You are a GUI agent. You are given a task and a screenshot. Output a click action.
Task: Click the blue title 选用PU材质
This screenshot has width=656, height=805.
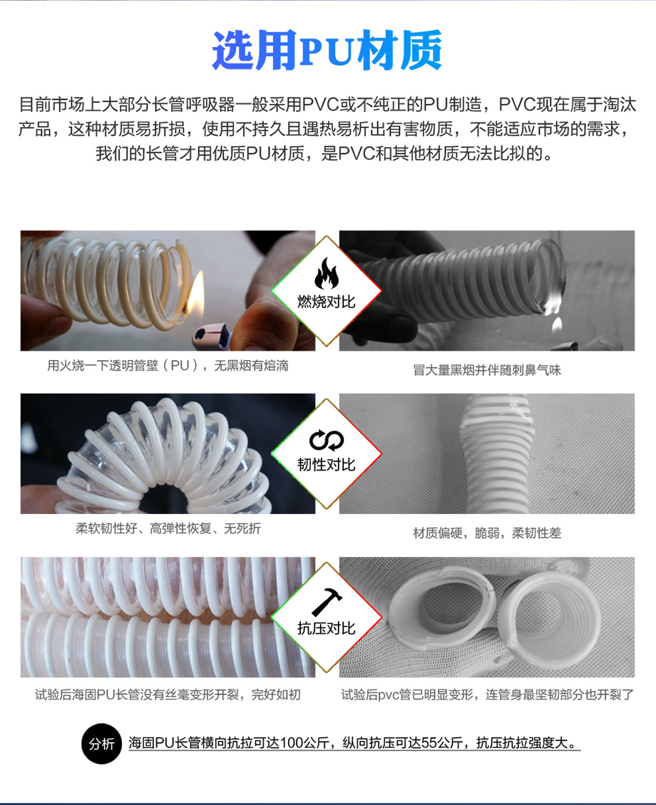point(327,51)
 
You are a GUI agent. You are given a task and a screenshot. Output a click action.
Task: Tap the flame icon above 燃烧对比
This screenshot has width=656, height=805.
point(327,274)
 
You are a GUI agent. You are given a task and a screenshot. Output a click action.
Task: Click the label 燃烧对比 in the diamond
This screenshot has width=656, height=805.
point(327,302)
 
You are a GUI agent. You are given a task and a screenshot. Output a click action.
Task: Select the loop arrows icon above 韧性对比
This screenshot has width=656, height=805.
point(327,440)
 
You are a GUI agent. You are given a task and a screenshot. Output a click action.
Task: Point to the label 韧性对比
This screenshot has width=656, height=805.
point(327,465)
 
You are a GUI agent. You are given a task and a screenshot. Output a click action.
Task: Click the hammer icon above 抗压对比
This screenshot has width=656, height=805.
point(327,601)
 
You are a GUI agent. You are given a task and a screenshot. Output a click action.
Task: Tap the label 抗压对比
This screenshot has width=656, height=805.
point(327,628)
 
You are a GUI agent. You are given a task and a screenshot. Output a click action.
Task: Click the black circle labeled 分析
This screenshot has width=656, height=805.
point(102,744)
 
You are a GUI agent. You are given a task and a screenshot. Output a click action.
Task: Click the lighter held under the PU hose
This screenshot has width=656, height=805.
point(212,337)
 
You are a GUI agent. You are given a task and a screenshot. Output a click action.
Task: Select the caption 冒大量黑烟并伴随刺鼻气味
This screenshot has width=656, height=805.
point(486,370)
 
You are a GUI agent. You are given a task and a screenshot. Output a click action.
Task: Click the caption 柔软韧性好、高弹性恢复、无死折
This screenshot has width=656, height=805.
point(168,528)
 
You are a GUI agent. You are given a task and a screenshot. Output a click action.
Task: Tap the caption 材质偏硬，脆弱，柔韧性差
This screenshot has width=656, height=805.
point(486,533)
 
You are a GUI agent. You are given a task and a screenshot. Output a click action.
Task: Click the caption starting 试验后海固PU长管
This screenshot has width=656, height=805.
point(168,694)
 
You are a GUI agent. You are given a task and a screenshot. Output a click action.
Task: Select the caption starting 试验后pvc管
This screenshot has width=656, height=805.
point(488,694)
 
